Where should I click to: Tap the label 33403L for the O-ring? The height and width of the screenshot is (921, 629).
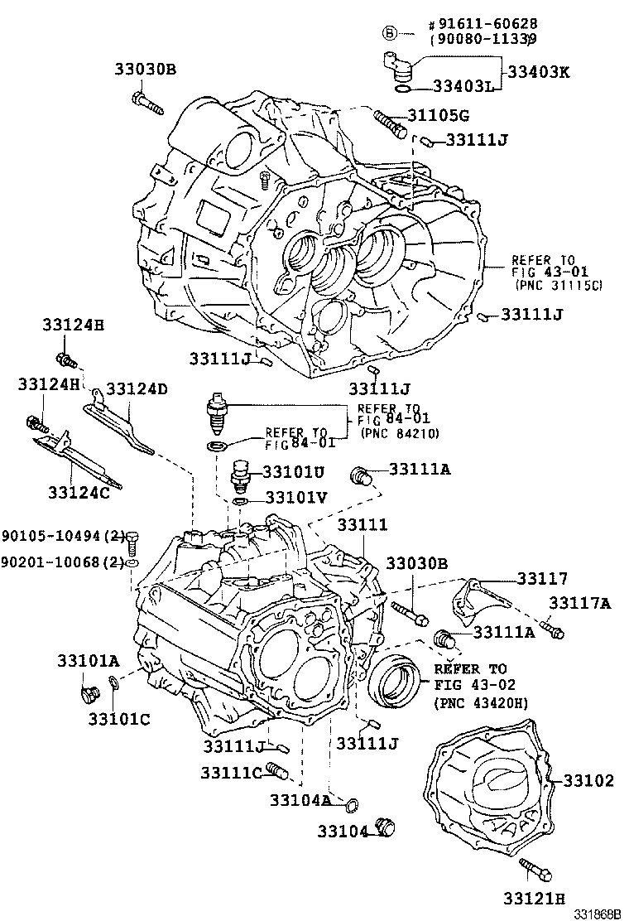click(462, 86)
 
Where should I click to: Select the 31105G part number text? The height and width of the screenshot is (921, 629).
click(438, 115)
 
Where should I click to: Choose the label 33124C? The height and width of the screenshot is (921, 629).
click(79, 492)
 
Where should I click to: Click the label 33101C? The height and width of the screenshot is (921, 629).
click(119, 718)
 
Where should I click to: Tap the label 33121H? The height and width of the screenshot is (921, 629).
click(534, 898)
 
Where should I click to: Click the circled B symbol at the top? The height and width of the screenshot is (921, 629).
click(391, 32)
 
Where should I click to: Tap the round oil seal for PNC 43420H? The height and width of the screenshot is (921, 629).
click(395, 678)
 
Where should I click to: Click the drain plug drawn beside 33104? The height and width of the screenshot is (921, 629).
click(386, 827)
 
